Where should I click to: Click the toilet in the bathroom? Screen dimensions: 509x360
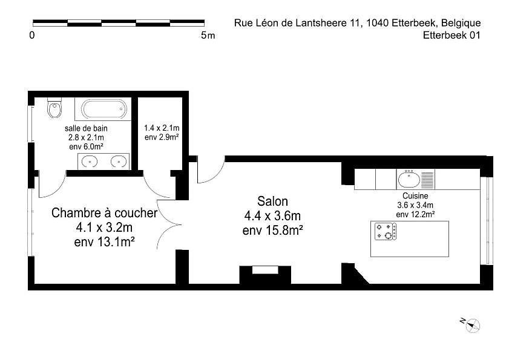click(54, 108)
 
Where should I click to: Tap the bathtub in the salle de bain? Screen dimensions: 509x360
click(104, 109)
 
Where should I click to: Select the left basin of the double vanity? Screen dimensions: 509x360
click(89, 162)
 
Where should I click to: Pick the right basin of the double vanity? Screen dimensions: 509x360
click(119, 162)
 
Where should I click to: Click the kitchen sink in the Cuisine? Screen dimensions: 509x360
click(409, 180)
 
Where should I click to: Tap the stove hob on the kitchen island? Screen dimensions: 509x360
click(386, 232)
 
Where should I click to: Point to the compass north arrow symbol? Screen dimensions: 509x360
click(470, 325)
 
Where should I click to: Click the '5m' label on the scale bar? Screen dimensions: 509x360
click(208, 35)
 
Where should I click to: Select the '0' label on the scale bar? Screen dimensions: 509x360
click(32, 35)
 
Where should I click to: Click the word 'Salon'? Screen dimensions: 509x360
click(273, 201)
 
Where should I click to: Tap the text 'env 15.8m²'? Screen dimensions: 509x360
click(273, 230)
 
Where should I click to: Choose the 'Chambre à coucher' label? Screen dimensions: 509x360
click(105, 213)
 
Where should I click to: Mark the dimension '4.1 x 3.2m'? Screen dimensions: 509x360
click(104, 227)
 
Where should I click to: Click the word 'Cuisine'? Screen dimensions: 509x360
click(415, 196)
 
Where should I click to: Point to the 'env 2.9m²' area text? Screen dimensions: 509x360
click(162, 137)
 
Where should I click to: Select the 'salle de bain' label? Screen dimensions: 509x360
click(86, 128)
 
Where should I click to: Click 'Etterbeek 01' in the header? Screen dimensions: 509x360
click(452, 35)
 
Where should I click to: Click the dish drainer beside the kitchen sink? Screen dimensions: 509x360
click(427, 180)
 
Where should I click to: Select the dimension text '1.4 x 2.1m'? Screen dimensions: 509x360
click(162, 128)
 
